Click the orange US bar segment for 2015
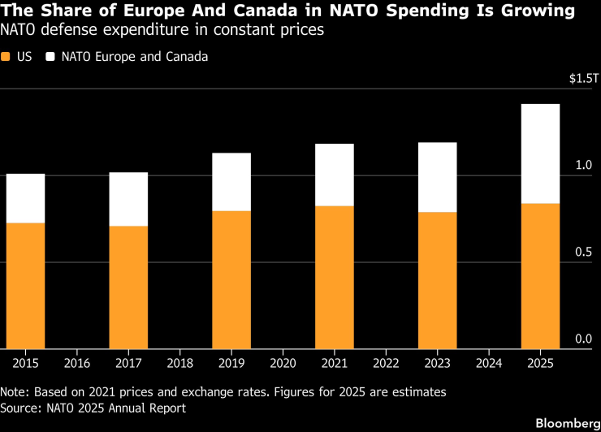25,285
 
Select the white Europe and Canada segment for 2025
540,153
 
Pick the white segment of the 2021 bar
335,175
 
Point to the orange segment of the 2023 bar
437,280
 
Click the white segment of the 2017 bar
128,199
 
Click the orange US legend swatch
6,58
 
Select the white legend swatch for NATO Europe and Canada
50,58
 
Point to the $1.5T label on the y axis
583,79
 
